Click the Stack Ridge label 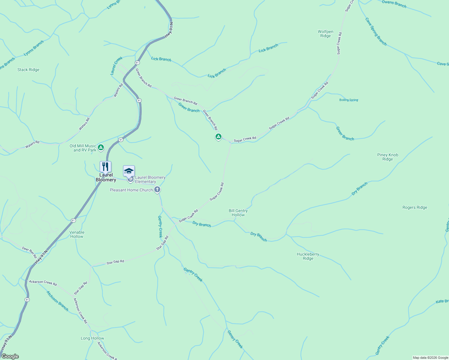(x=28, y=70)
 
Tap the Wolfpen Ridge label (x=325, y=34)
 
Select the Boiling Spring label (x=348, y=100)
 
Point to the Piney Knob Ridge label (x=387, y=157)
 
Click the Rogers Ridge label (x=414, y=207)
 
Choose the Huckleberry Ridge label (x=308, y=256)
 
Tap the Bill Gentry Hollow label (x=238, y=213)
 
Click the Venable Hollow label (x=77, y=234)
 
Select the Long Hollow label (x=92, y=338)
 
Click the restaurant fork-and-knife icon (x=105, y=166)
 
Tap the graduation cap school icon (x=129, y=171)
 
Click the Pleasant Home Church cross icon (x=157, y=190)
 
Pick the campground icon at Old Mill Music (x=101, y=147)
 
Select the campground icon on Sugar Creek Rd (x=218, y=137)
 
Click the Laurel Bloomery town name (x=106, y=177)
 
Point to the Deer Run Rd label (x=29, y=252)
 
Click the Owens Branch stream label (x=394, y=4)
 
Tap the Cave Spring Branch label (x=376, y=31)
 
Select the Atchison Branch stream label (x=57, y=301)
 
